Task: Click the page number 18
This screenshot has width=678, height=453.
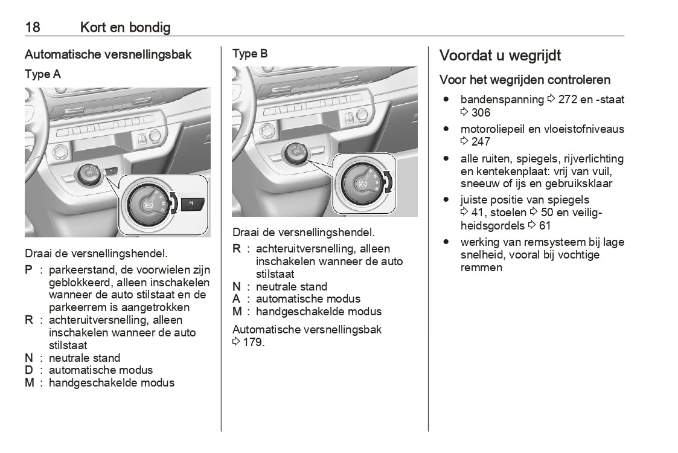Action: click(33, 27)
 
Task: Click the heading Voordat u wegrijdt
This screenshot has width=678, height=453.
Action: click(500, 56)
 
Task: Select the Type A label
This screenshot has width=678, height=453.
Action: click(42, 74)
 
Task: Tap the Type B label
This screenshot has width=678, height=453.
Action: click(250, 54)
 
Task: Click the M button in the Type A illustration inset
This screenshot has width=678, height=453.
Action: click(193, 204)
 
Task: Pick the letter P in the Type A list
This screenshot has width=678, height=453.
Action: click(28, 269)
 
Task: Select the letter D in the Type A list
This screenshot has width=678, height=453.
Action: click(28, 370)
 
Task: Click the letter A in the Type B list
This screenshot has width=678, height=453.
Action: click(236, 299)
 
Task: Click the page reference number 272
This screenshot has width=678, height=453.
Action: click(568, 100)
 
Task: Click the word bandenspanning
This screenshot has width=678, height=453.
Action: click(502, 100)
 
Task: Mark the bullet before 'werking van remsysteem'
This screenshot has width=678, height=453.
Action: click(446, 242)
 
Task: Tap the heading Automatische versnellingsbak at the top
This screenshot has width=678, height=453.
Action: click(108, 54)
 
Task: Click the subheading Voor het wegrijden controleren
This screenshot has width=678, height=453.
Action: click(525, 80)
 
